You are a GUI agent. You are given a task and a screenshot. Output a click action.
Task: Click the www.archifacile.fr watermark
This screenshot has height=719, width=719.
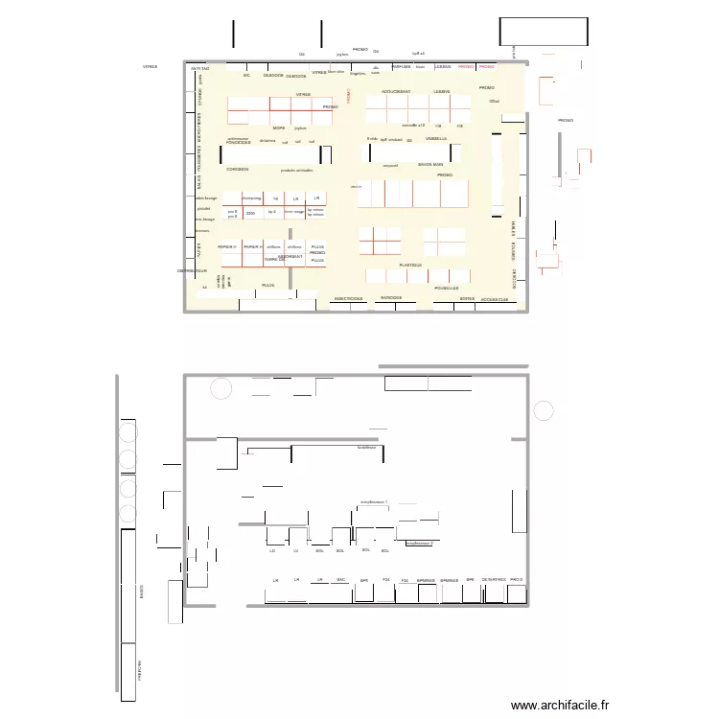(x=560, y=705)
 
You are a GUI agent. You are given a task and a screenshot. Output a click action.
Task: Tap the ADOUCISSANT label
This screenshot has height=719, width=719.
(x=396, y=92)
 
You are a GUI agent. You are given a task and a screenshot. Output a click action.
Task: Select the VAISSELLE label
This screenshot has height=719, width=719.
(x=437, y=139)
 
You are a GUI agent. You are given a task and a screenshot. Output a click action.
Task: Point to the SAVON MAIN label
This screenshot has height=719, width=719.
(x=430, y=164)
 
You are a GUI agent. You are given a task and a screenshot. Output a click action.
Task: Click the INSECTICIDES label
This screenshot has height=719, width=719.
(x=348, y=298)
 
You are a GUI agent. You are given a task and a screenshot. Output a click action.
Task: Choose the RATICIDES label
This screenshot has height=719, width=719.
(x=390, y=298)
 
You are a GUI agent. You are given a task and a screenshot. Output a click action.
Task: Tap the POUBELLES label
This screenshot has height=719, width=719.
(x=447, y=288)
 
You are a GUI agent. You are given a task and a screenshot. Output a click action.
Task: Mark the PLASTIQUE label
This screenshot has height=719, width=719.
(x=410, y=265)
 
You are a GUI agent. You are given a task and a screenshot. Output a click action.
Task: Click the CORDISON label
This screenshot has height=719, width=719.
(x=238, y=169)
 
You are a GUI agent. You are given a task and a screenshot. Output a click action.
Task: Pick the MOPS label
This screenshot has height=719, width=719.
(x=279, y=128)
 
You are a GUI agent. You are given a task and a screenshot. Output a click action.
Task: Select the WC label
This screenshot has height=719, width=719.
(x=246, y=75)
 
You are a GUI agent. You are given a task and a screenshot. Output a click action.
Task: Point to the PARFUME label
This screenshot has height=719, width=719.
(x=401, y=67)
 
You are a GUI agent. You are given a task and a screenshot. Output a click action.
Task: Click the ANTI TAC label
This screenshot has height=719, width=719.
(x=200, y=69)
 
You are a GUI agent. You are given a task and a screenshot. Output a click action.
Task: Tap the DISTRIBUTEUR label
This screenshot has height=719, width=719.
(x=192, y=271)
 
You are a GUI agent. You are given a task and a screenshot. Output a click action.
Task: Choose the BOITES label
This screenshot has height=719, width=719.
(x=467, y=299)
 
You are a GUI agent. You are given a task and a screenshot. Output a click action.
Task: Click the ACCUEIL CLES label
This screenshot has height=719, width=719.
(x=500, y=300)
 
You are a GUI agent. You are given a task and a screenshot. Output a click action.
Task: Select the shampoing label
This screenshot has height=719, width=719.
(x=252, y=197)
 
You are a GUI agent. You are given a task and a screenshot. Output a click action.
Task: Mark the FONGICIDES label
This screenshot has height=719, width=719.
(x=239, y=143)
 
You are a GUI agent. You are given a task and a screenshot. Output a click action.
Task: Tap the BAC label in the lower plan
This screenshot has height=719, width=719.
(x=340, y=580)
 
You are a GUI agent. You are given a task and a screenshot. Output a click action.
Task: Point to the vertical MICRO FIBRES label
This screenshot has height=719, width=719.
(x=198, y=128)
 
